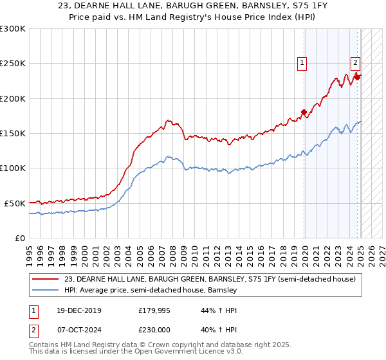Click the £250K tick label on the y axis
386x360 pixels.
click(12, 64)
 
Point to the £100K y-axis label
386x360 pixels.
click(12, 168)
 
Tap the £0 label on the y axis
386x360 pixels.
click(19, 238)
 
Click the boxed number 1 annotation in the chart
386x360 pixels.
click(301, 62)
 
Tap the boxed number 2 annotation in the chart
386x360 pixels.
click(355, 62)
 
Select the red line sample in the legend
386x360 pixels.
click(46, 279)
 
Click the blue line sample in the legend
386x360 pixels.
click(46, 291)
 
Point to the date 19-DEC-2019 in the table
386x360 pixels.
click(75, 310)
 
